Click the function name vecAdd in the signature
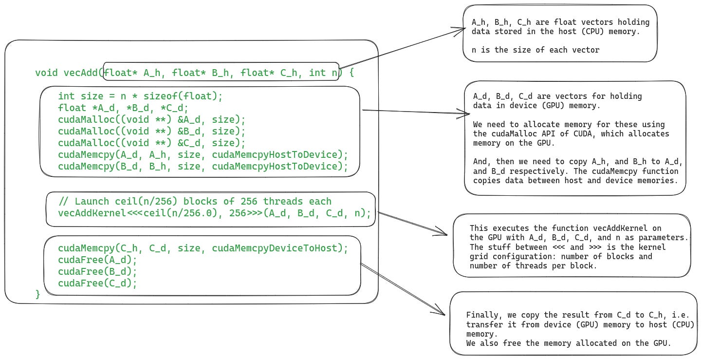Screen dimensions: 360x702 [x=81, y=73]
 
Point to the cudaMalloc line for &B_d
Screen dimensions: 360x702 [x=152, y=132]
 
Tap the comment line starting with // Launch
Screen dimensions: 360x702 [x=195, y=202]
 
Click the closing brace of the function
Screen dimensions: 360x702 [x=38, y=294]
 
